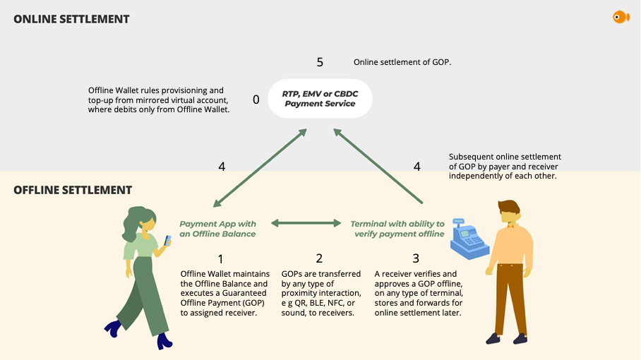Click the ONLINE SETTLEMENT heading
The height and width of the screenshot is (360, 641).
click(x=71, y=19)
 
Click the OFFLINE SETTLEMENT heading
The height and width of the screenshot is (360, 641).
click(x=73, y=190)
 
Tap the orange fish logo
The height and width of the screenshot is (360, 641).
click(x=621, y=17)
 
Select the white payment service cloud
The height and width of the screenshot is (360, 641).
click(x=320, y=98)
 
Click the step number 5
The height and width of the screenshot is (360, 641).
click(x=320, y=62)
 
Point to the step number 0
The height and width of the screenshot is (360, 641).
click(x=256, y=100)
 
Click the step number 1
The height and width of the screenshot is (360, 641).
click(x=221, y=259)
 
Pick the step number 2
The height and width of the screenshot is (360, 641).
click(x=319, y=259)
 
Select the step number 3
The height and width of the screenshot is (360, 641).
click(x=416, y=259)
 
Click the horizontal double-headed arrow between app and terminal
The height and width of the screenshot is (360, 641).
click(x=306, y=223)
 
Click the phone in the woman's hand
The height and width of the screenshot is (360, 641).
click(x=167, y=240)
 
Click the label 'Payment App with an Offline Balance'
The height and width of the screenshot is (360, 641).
click(x=217, y=229)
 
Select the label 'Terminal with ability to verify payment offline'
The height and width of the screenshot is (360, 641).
click(x=397, y=229)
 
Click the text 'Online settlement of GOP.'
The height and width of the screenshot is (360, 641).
click(x=402, y=62)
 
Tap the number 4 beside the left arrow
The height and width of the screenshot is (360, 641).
click(x=222, y=167)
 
